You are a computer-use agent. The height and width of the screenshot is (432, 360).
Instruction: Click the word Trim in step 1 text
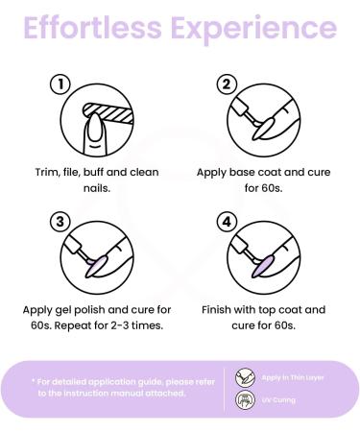click(41, 173)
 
